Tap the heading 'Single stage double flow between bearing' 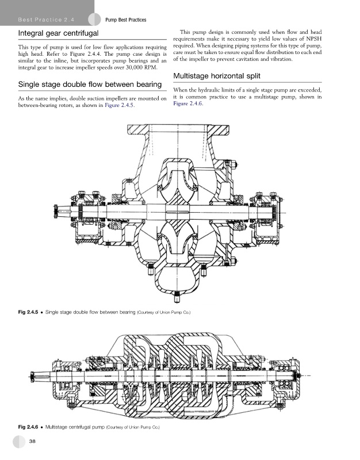pyautogui.click(x=90, y=85)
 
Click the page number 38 pyautogui.click(x=33, y=441)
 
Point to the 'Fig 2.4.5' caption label pyautogui.click(x=28, y=312)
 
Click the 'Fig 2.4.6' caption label pyautogui.click(x=28, y=427)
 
